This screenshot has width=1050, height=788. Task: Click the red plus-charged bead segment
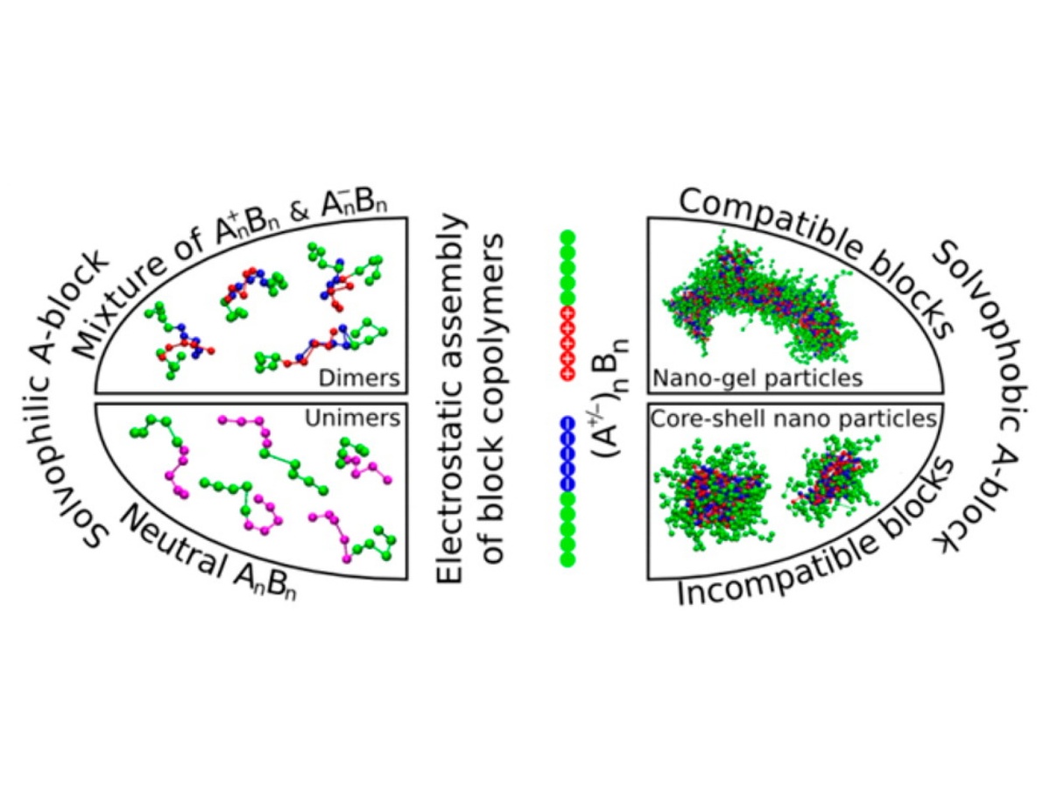coord(567,344)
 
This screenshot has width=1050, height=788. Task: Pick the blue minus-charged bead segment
coord(567,454)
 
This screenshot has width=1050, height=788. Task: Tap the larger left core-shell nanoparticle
coord(710,496)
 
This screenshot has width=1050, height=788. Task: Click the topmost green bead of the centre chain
coord(567,236)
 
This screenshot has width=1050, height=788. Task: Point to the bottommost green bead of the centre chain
coord(567,559)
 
